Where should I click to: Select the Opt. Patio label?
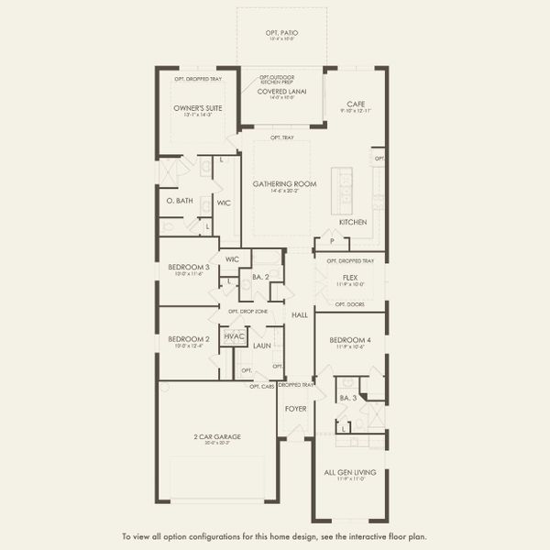point(283,33)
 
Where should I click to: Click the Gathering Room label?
point(285,183)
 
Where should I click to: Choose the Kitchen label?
point(353,222)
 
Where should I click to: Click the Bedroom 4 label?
point(349,340)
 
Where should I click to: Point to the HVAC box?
point(233,336)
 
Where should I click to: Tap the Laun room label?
point(261,346)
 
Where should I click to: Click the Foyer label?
point(295,408)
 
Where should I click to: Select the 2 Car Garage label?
point(217,436)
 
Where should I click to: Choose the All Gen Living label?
point(349,472)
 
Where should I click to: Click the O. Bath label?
point(178,200)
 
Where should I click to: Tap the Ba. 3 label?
point(347,398)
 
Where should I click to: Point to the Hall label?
point(299,314)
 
